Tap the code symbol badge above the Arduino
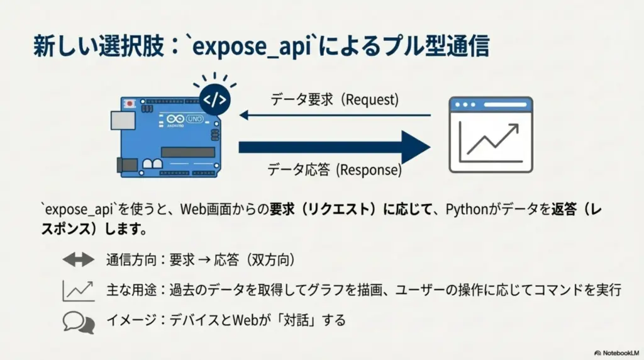coord(214,100)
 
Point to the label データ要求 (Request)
coord(335,99)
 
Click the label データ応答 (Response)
coord(334,170)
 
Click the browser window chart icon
coord(491,135)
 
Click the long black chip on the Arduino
coord(187,152)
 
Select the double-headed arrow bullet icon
coord(78,259)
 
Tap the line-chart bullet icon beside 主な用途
coord(78,290)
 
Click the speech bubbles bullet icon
coord(78,322)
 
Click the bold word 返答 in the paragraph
coord(561,208)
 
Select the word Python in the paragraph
coord(465,208)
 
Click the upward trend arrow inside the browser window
coord(493,139)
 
